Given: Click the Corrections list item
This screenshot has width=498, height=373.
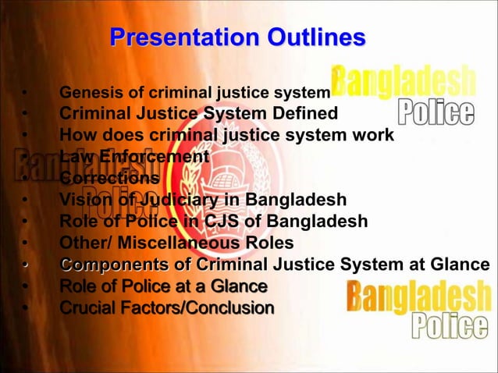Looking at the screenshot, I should (x=110, y=178).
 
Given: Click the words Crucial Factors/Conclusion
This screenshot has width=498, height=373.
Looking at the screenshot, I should (x=167, y=307).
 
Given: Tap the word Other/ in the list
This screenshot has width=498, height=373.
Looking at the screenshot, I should (x=84, y=243).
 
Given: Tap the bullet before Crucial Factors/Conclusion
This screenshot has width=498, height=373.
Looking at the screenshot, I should (x=24, y=307).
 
